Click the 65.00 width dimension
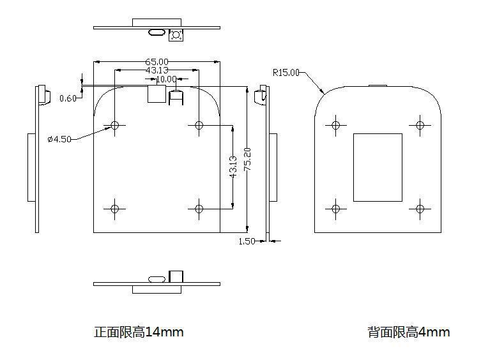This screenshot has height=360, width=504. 157,62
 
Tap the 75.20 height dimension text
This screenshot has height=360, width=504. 247,159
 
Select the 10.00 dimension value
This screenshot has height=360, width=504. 166,79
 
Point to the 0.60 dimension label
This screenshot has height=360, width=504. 68,98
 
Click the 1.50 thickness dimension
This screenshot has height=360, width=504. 247,241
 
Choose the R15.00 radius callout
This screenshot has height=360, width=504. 286,73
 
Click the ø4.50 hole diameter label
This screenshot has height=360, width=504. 59,139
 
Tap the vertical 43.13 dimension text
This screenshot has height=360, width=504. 233,167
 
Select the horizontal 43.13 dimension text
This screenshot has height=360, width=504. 157,70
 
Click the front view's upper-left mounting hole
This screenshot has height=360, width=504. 115,125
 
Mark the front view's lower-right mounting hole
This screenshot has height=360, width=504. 199,209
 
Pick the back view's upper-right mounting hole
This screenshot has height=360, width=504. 420,125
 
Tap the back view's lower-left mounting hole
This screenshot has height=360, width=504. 335,209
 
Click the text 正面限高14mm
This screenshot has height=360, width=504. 139,332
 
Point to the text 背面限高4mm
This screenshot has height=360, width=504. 409,332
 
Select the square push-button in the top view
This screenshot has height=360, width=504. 176,34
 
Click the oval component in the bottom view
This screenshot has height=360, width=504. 157,279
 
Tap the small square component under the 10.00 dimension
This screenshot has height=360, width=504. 157,94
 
